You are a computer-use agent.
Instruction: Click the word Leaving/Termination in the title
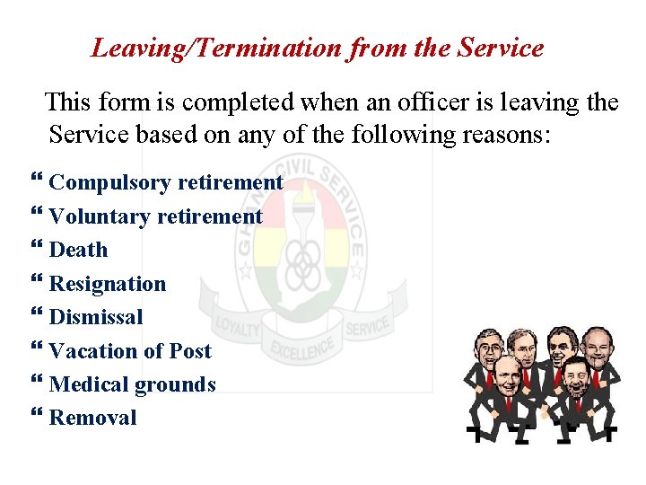tap(214, 48)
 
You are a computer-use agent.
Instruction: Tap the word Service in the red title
tap(500, 48)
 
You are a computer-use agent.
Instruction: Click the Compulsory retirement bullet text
tap(166, 182)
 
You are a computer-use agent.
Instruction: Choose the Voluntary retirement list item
tap(155, 216)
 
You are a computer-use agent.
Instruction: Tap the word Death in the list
tap(78, 250)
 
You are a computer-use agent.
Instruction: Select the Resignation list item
tap(108, 284)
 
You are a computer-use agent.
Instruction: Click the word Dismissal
tap(96, 317)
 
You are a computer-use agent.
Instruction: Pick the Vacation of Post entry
tap(130, 351)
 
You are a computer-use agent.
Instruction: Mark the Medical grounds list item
tap(132, 384)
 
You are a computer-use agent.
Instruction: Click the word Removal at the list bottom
tap(93, 418)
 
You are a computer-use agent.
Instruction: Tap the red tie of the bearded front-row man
tap(575, 403)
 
